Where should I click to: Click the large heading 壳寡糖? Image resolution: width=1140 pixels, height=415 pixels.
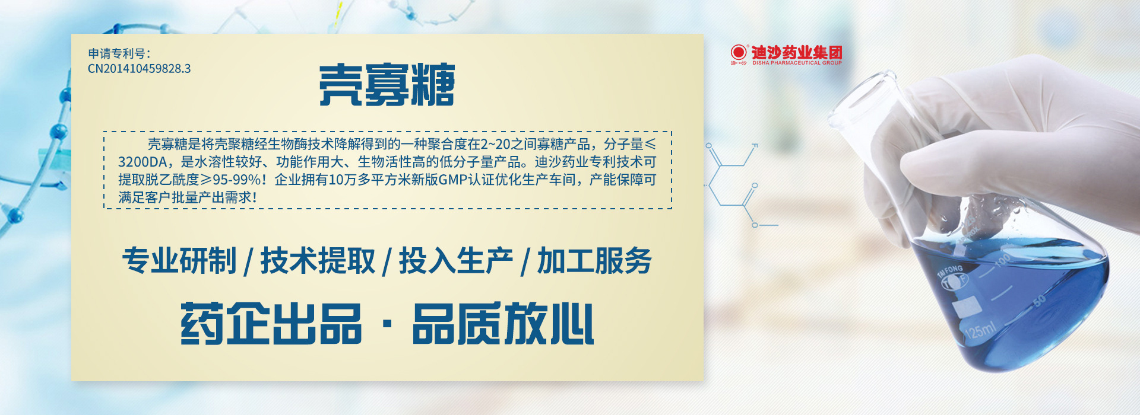click(x=387, y=85)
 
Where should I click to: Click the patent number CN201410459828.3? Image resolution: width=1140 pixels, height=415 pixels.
click(x=140, y=69)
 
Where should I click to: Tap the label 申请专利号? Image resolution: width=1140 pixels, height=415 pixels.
click(x=116, y=53)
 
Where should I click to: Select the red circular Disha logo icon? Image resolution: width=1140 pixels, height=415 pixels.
click(x=739, y=52)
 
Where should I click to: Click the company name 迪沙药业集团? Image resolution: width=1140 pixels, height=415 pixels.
click(x=797, y=52)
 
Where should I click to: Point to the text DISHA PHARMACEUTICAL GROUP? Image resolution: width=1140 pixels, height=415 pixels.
click(x=797, y=63)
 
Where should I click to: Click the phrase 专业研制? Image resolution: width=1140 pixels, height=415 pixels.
click(x=179, y=261)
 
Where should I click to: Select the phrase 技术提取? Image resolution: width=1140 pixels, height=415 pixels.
click(x=318, y=261)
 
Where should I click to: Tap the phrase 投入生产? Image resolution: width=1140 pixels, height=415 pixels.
click(x=456, y=261)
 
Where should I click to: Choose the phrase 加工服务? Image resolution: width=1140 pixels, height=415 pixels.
click(x=594, y=261)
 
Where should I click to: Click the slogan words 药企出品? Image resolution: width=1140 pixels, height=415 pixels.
click(x=271, y=324)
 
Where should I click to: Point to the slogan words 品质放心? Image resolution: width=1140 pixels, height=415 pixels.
click(x=503, y=324)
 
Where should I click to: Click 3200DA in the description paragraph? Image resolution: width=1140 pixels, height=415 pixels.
click(x=142, y=162)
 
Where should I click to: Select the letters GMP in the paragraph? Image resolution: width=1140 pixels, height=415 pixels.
click(x=451, y=180)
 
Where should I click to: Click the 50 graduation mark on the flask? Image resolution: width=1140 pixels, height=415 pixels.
click(x=1040, y=301)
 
